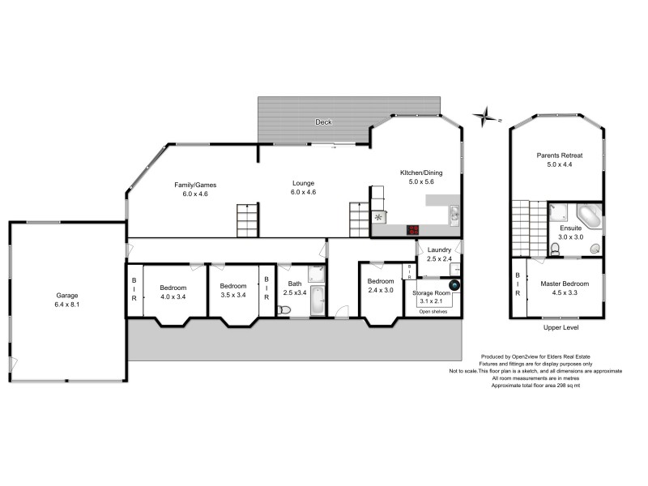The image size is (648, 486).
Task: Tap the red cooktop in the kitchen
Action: click(414, 229)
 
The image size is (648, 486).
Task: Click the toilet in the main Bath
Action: click(283, 309)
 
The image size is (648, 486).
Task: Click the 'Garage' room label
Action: click(66, 296)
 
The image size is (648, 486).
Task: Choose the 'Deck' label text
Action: click(324, 122)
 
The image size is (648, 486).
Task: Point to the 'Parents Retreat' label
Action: click(560, 155)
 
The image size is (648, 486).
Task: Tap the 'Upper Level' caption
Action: click(560, 328)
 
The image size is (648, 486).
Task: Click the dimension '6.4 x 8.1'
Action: click(66, 305)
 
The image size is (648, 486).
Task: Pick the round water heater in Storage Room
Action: click(454, 285)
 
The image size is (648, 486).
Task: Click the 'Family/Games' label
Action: click(195, 185)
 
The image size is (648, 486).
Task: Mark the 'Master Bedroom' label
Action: click(564, 284)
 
